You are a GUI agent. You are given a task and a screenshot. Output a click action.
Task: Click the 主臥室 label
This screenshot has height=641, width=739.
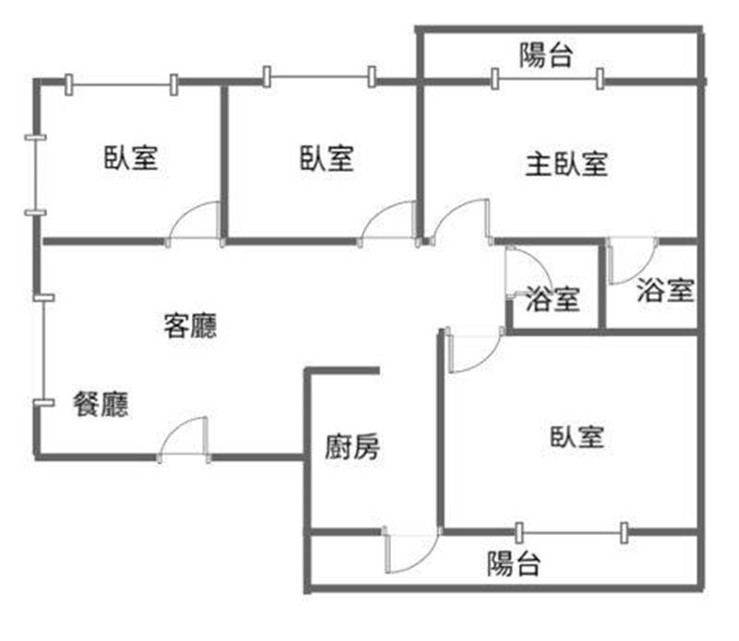click(x=566, y=165)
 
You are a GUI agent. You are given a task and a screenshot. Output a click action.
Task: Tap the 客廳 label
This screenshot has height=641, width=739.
click(x=190, y=325)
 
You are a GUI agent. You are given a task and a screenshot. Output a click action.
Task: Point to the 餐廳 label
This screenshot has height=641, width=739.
click(x=101, y=405)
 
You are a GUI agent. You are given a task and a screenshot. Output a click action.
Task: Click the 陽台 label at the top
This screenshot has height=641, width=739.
click(x=545, y=57)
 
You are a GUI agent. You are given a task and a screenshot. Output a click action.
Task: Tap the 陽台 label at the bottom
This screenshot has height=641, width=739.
click(x=514, y=563)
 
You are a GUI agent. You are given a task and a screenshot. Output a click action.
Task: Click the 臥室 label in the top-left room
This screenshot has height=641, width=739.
click(x=130, y=158)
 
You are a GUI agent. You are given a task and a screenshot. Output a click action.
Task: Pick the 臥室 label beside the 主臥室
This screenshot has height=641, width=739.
click(x=326, y=158)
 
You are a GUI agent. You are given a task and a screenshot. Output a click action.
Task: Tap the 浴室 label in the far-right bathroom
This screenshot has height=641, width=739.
click(x=665, y=291)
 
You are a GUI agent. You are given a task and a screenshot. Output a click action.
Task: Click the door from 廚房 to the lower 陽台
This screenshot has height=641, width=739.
click(x=409, y=551)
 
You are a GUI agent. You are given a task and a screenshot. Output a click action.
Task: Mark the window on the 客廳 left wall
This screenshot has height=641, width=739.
click(x=40, y=349)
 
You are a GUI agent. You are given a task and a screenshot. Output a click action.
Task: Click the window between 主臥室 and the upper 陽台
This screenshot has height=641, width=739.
click(x=548, y=80)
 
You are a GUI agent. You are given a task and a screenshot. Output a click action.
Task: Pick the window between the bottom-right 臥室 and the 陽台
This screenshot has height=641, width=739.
click(x=571, y=531)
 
